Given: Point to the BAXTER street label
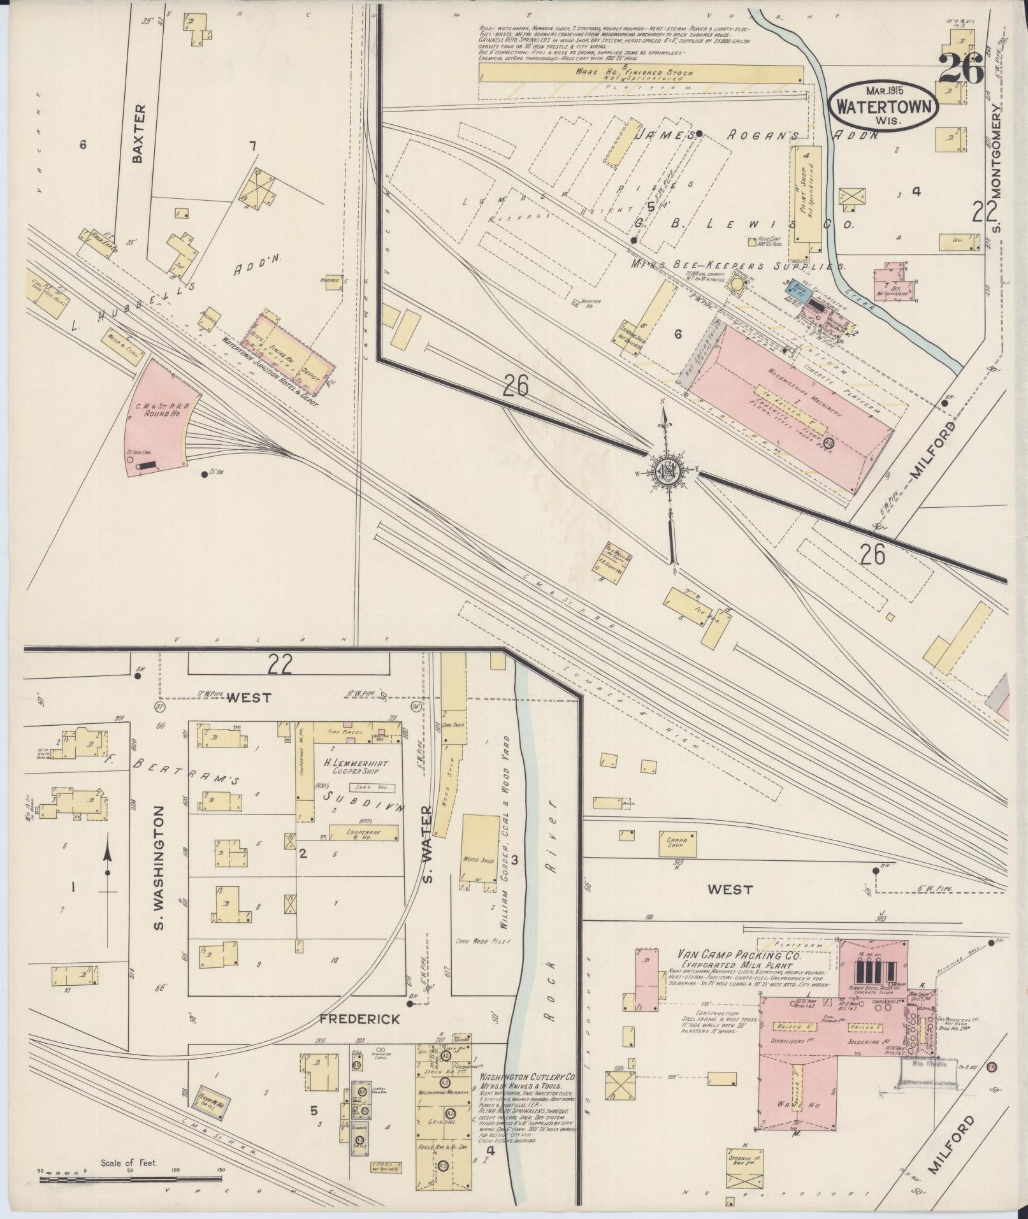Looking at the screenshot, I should tap(141, 134).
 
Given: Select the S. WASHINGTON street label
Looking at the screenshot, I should tap(159, 867).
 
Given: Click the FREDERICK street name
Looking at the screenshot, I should tap(359, 1019).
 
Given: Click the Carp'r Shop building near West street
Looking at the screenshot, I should tap(676, 842).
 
